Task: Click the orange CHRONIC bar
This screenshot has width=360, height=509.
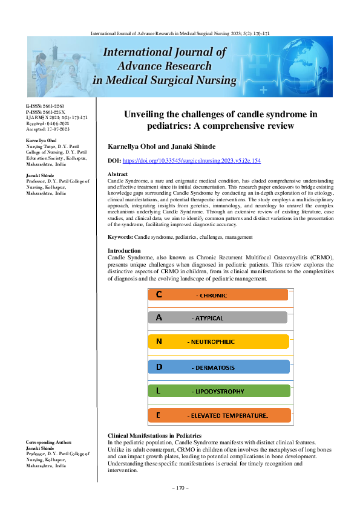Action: pos(218,294)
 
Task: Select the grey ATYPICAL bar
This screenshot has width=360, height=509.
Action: pos(218,317)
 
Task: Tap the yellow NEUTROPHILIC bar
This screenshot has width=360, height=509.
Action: pos(218,342)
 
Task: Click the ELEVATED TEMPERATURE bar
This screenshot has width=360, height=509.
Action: pos(219,416)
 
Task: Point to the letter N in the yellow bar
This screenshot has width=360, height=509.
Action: pos(159,342)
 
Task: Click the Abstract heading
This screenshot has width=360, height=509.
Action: pos(117,174)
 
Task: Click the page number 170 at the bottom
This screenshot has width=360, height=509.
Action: pos(180,488)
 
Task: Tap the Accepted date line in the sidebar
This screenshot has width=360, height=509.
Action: pos(48,129)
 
